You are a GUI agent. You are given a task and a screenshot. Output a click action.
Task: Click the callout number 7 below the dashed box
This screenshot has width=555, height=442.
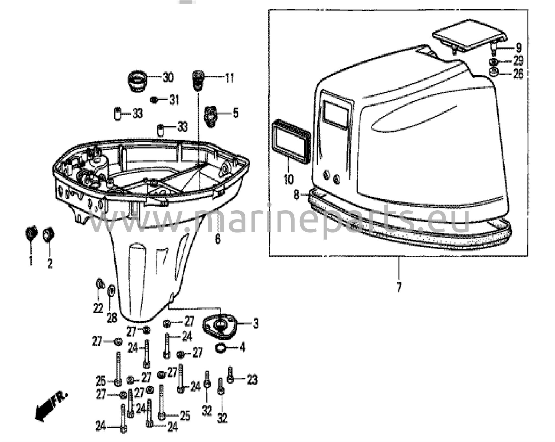point(399,287)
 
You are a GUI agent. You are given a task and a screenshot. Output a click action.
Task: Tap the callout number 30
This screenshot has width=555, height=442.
point(168,78)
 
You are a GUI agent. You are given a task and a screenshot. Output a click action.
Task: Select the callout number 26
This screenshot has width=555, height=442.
point(518,74)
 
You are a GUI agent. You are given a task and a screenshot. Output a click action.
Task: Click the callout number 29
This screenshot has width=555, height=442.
point(518,61)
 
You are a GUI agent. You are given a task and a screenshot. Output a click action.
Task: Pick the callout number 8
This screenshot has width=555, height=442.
point(297,195)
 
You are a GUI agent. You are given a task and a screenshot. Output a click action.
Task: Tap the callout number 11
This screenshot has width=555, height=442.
point(229,78)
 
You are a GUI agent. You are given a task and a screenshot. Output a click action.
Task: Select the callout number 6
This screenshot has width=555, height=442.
point(218,239)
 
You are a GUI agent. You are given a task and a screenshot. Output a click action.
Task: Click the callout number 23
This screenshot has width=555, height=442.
point(252,380)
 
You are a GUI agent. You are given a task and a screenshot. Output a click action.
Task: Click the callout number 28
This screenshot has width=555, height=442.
point(112,318)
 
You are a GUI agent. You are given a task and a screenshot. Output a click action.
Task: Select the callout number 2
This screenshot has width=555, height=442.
point(50,263)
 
